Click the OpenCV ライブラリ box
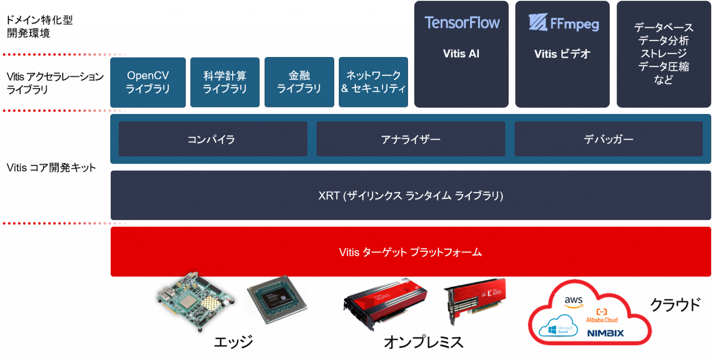coord(148,82)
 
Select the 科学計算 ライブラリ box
coord(225,82)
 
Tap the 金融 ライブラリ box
coord(299,82)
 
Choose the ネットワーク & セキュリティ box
coord(373,82)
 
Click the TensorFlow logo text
coord(462,23)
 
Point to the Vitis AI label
coord(461,54)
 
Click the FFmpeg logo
coord(563,23)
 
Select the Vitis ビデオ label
coord(562,54)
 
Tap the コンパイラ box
coord(213,139)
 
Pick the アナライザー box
coord(411,139)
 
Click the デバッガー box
coord(608,139)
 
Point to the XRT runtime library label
coord(411,196)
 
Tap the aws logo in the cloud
coord(573,302)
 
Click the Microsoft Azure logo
coord(561,326)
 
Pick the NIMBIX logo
coord(605,333)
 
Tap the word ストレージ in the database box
coord(663,54)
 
